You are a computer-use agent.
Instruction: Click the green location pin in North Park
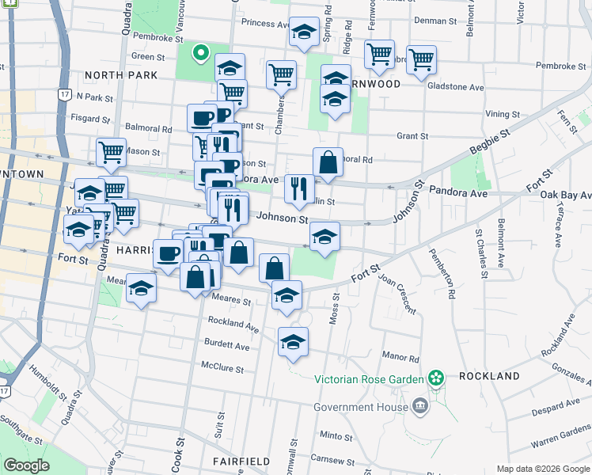pos(201,54)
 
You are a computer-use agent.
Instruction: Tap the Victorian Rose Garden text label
pos(369,378)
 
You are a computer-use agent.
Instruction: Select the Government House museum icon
pos(419,407)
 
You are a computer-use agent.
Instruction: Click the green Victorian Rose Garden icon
pos(435,378)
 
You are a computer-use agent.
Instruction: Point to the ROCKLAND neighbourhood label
pos(489,376)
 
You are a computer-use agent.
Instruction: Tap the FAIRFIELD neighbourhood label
pos(241,461)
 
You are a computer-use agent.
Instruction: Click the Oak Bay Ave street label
pos(565,195)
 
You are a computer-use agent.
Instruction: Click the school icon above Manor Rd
pos(293,342)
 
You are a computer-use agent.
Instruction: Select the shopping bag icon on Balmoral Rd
pos(328,162)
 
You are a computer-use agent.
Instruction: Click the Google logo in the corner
pos(27,465)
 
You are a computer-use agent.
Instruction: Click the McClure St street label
pos(222,367)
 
